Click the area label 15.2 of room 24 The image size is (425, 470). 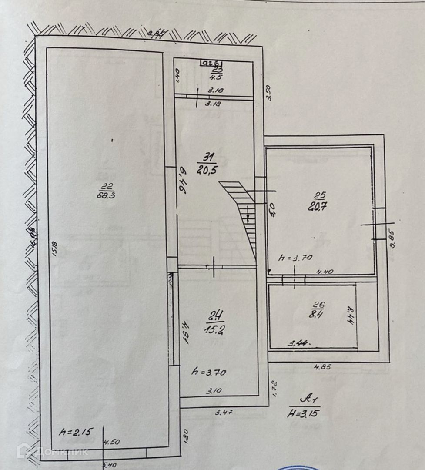213,330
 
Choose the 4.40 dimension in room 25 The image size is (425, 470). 325,272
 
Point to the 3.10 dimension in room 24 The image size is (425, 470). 213,391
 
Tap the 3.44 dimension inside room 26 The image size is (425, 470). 300,342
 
